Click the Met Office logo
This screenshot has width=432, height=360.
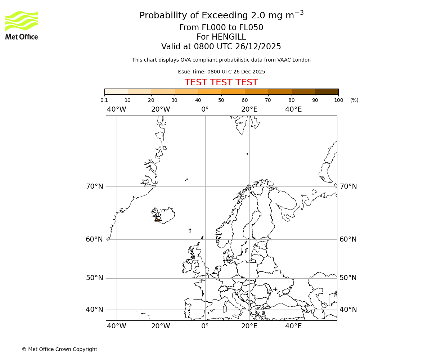[22, 25]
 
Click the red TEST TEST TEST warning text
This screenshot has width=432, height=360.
[221, 82]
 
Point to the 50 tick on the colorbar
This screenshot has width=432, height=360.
[221, 100]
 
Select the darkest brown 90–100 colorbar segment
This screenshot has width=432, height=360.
[327, 91]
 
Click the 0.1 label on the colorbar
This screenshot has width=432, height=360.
[104, 100]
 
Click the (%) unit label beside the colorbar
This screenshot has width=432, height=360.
[354, 100]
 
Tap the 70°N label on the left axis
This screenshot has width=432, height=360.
[94, 186]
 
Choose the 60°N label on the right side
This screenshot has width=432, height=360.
[348, 239]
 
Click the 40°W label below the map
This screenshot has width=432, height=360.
[116, 326]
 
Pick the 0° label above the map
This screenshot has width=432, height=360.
[205, 109]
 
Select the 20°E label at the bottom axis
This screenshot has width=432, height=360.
[249, 326]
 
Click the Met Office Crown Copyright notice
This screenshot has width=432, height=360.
[59, 349]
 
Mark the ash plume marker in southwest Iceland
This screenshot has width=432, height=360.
[158, 220]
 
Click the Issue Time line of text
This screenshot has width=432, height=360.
[221, 72]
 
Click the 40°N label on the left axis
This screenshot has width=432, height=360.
[94, 310]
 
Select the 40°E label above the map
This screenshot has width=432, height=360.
[293, 109]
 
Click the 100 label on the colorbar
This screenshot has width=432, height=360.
[338, 100]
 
